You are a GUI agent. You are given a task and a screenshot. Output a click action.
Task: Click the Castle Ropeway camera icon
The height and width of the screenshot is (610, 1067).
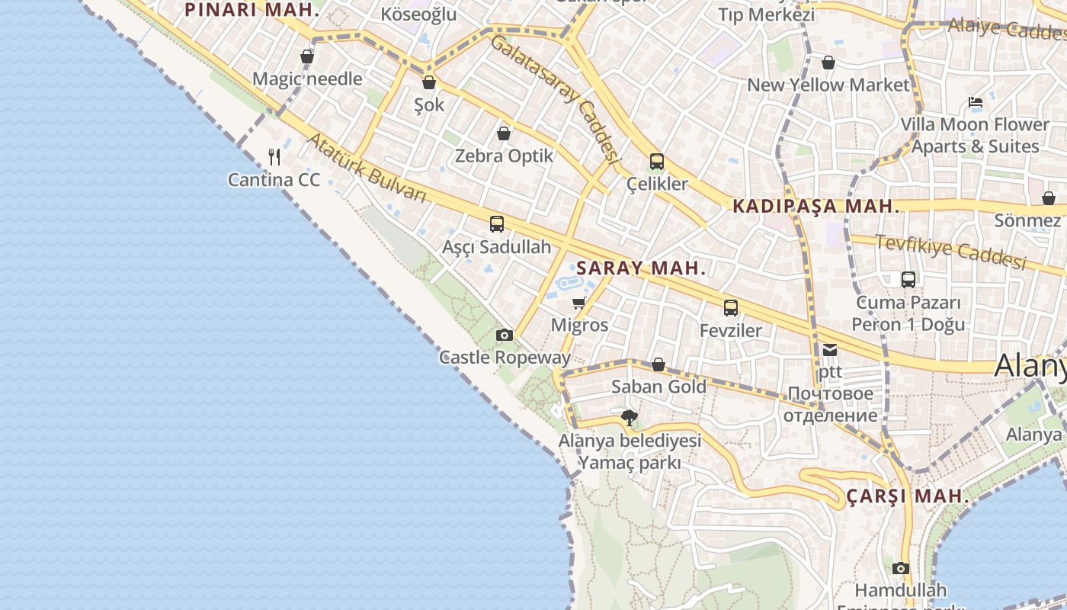point(504,335)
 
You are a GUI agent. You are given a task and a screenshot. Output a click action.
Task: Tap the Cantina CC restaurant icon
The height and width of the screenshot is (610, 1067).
point(275,157)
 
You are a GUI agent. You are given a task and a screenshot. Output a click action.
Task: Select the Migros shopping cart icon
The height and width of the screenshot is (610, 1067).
point(579,303)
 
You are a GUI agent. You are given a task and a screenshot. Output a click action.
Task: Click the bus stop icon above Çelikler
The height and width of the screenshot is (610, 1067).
point(657,162)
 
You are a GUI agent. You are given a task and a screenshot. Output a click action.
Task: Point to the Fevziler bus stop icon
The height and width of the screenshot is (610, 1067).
point(731,308)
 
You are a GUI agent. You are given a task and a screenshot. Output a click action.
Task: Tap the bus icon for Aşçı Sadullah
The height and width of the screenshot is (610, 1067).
point(497,224)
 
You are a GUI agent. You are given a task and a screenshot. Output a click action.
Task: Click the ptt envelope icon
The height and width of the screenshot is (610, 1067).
point(829,350)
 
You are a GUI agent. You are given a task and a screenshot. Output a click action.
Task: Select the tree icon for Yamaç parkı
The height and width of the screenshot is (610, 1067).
point(630,418)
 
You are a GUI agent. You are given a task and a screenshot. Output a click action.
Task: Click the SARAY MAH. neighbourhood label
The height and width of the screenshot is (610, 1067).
point(641,268)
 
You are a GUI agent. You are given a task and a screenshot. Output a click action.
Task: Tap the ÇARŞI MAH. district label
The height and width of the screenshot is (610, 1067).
point(908,496)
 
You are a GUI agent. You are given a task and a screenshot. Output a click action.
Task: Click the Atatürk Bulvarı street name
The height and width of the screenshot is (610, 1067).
point(367,168)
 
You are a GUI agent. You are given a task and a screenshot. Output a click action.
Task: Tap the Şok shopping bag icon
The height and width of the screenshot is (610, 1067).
point(429,82)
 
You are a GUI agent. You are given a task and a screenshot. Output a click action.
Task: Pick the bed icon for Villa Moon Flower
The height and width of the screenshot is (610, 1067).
point(976,102)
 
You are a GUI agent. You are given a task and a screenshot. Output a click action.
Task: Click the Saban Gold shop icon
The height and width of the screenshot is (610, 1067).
point(658,364)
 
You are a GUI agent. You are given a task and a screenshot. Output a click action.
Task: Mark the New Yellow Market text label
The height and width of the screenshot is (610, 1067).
point(828,85)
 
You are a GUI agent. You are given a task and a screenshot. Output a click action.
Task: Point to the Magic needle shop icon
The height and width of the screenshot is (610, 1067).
point(307,56)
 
